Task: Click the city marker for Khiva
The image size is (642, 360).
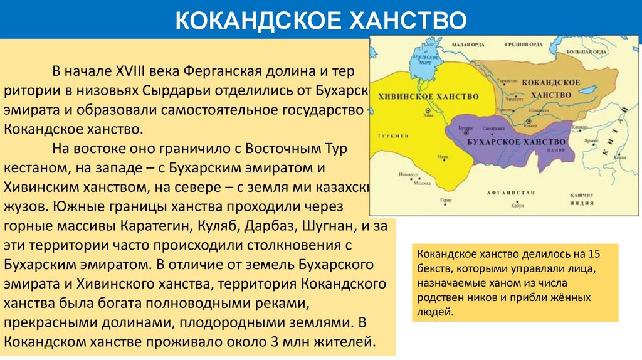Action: point(428,110)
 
